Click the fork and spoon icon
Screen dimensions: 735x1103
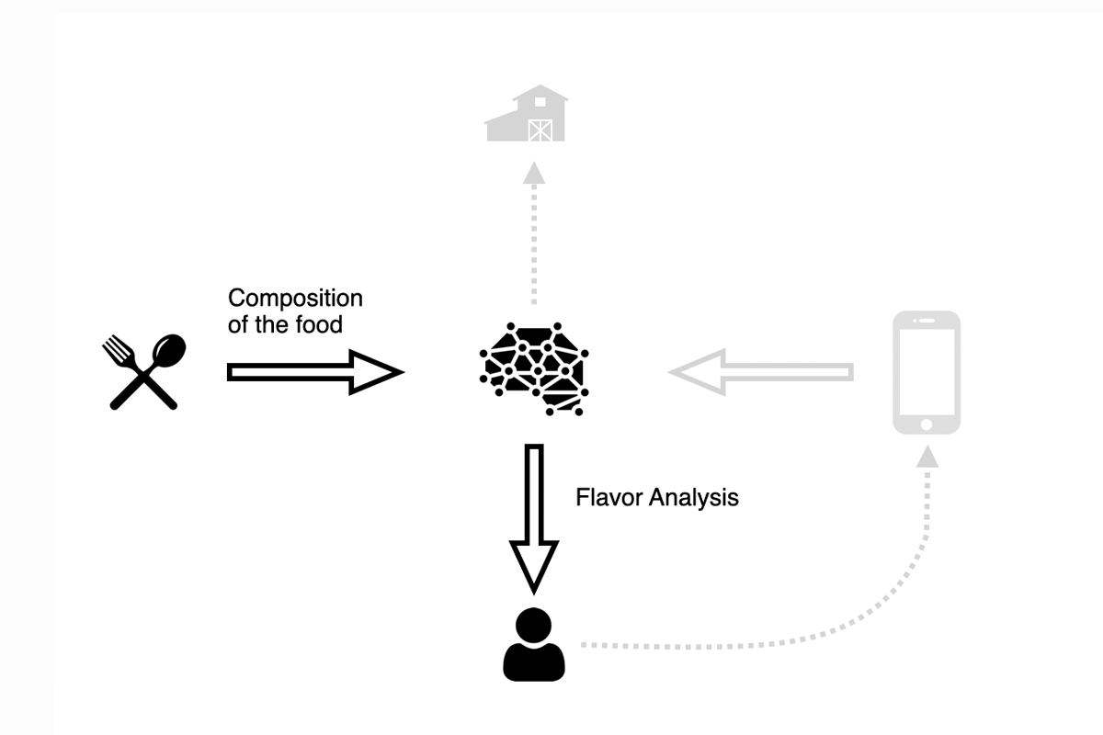(143, 372)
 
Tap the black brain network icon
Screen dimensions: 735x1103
(535, 367)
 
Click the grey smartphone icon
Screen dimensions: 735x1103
(927, 372)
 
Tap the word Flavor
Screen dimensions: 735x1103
(609, 498)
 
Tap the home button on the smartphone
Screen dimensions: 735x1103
(927, 424)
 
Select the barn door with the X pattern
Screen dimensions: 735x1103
(540, 130)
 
